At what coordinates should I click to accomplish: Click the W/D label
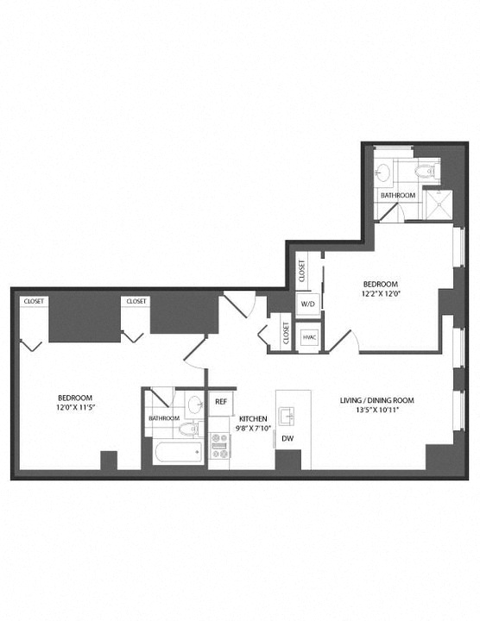(307, 304)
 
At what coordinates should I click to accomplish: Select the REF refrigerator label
(221, 402)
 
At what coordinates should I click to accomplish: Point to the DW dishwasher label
(287, 439)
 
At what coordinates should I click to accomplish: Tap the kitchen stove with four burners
(219, 446)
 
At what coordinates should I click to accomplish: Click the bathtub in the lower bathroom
(179, 451)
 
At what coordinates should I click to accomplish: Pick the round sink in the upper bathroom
(384, 172)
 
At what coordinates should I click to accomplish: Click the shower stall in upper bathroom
(438, 204)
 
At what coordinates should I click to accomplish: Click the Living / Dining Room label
(377, 400)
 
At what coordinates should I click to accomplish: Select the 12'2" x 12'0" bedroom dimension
(381, 294)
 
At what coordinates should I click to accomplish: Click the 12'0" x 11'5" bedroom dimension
(75, 407)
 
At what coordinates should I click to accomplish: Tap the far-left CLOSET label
(34, 301)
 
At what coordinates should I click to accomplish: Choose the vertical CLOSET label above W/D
(302, 271)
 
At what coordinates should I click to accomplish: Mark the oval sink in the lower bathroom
(195, 405)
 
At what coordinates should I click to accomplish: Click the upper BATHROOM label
(398, 195)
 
